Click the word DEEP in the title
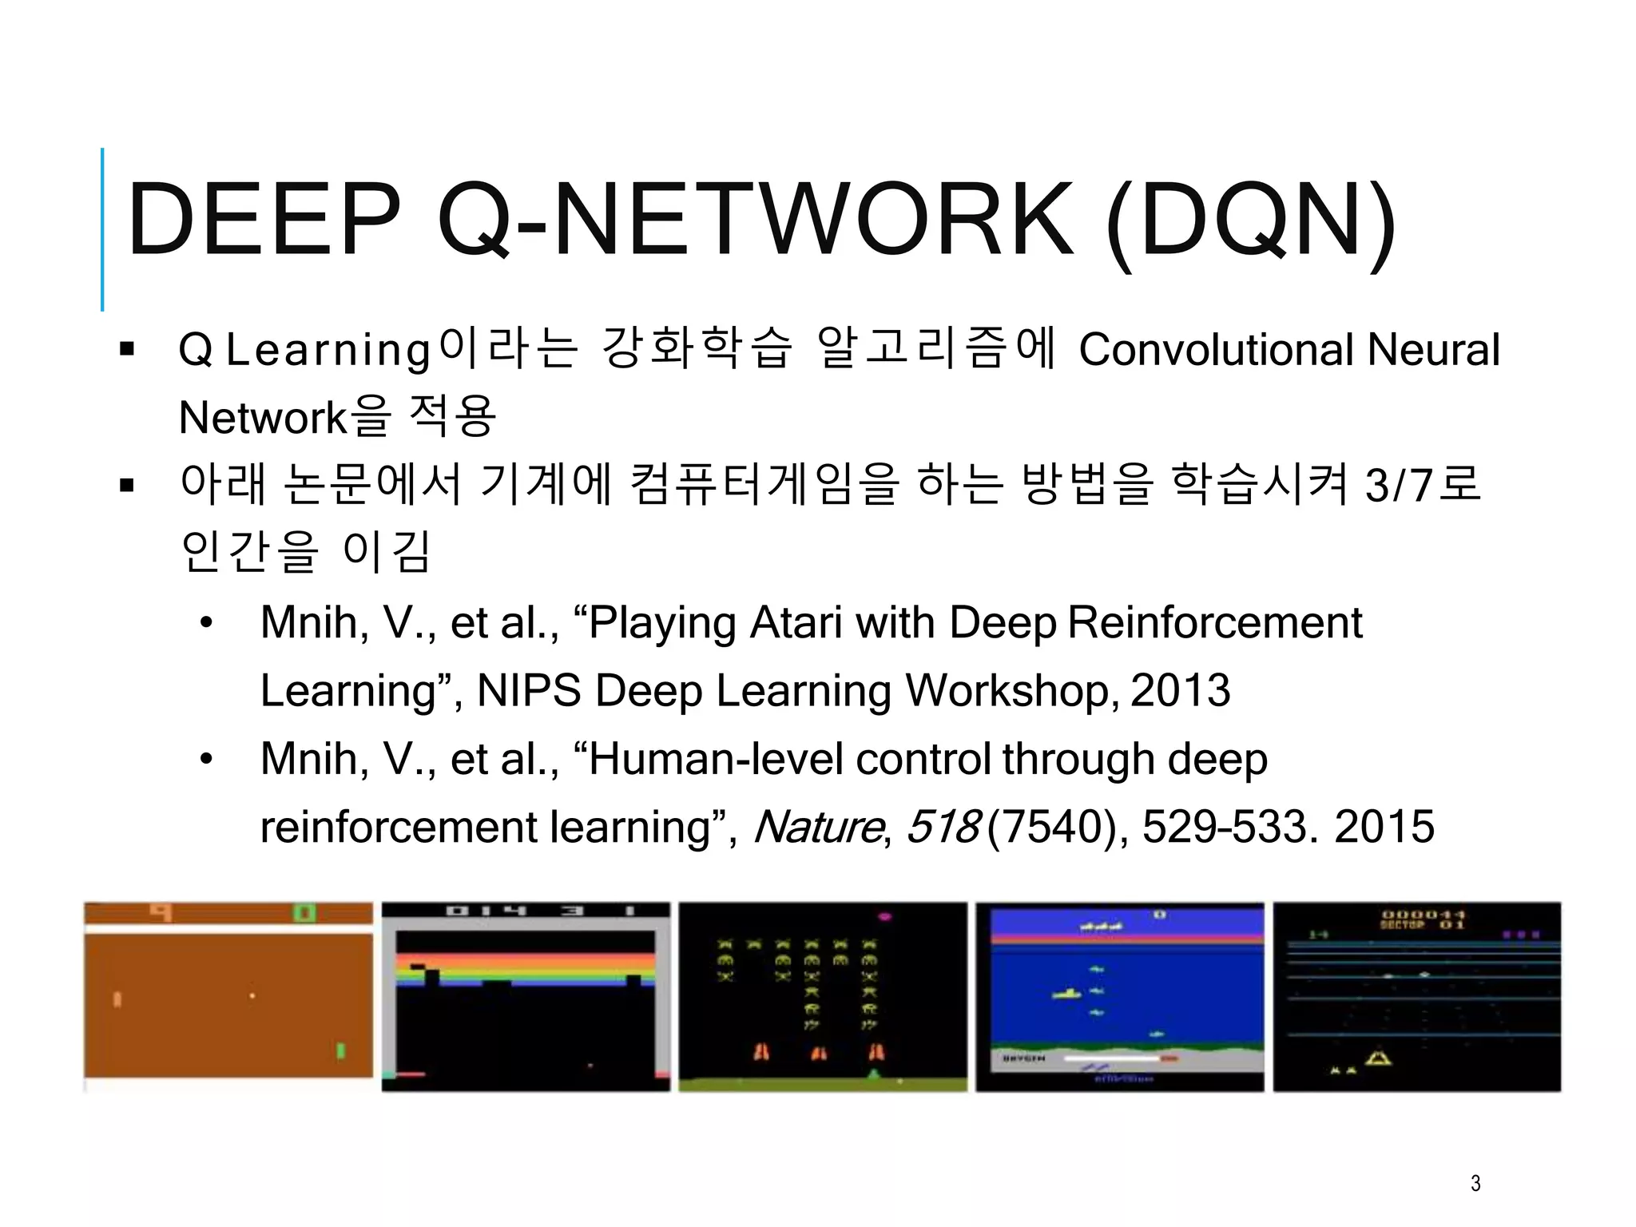(x=264, y=220)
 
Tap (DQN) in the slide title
(x=1251, y=222)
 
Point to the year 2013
(x=1181, y=690)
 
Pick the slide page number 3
(x=1475, y=1183)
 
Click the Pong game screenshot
(x=228, y=996)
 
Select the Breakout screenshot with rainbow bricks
(x=526, y=996)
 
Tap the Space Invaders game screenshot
(x=823, y=996)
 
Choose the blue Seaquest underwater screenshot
(x=1120, y=996)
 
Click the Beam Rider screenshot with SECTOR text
(x=1416, y=996)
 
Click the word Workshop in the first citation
(x=1013, y=690)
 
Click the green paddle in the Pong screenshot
(x=341, y=1050)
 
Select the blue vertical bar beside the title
(x=102, y=229)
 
